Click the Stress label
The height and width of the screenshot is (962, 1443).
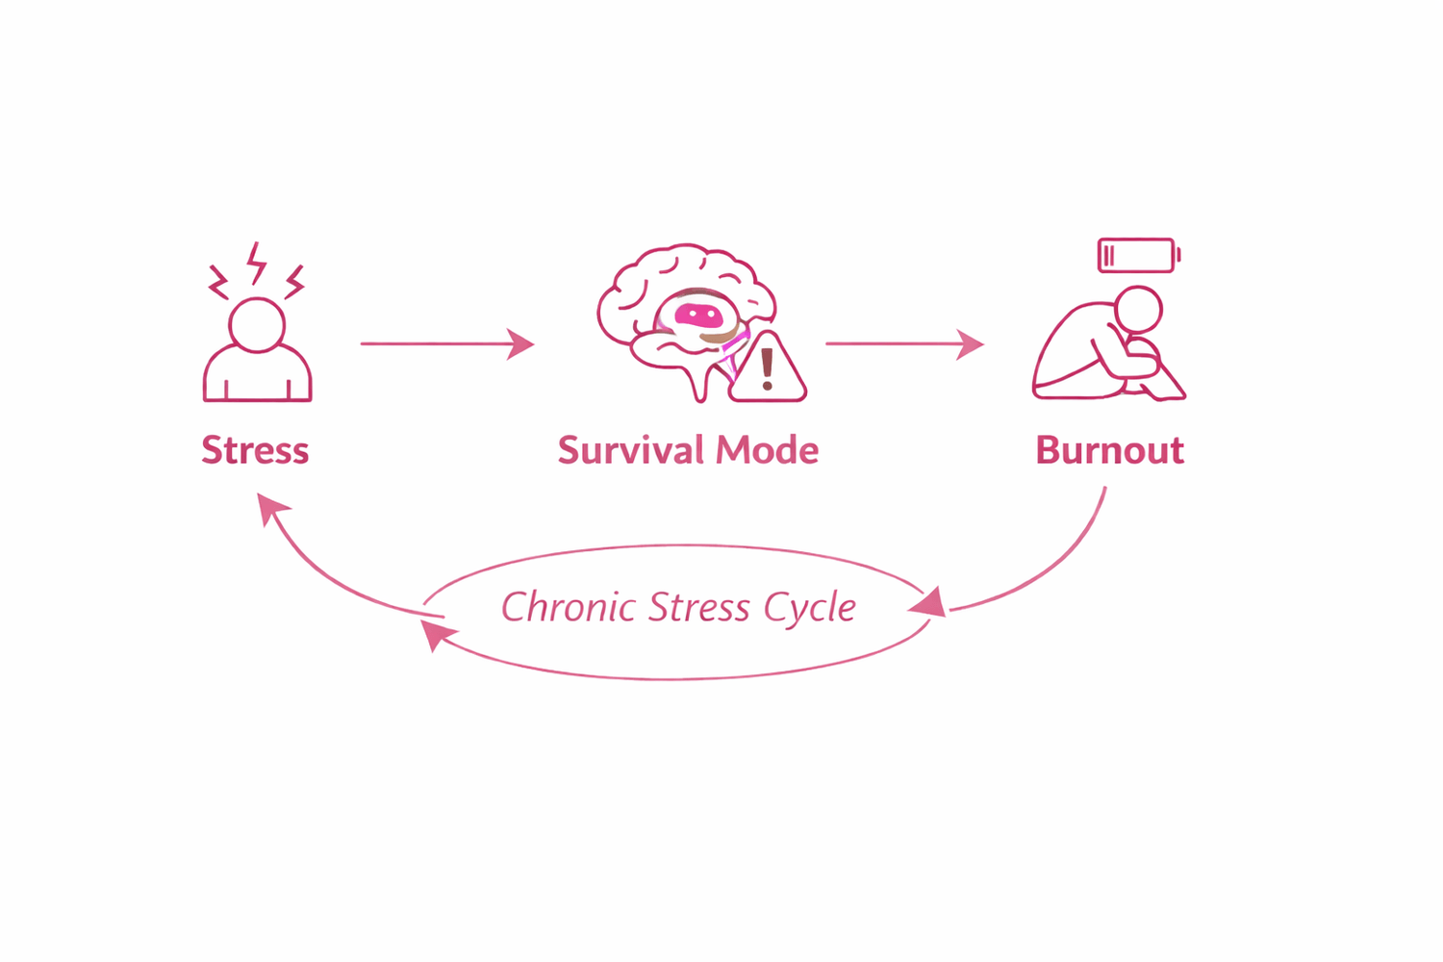click(x=255, y=450)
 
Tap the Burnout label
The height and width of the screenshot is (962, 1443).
click(x=1109, y=450)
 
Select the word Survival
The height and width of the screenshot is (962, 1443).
click(x=631, y=450)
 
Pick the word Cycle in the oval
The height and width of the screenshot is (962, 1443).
click(x=809, y=608)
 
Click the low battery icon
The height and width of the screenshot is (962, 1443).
click(x=1138, y=256)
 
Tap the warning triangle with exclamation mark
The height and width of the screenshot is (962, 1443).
click(x=768, y=370)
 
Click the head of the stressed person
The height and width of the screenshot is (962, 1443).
click(x=257, y=324)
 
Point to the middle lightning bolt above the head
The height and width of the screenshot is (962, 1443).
click(x=256, y=263)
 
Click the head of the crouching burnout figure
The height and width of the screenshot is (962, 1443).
click(x=1138, y=311)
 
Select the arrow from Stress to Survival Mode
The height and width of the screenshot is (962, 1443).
click(x=446, y=343)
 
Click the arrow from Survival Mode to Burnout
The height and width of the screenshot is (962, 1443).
click(x=904, y=343)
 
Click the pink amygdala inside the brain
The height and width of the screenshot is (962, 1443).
click(x=697, y=315)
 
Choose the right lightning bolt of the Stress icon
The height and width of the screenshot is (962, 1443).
click(x=294, y=281)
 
